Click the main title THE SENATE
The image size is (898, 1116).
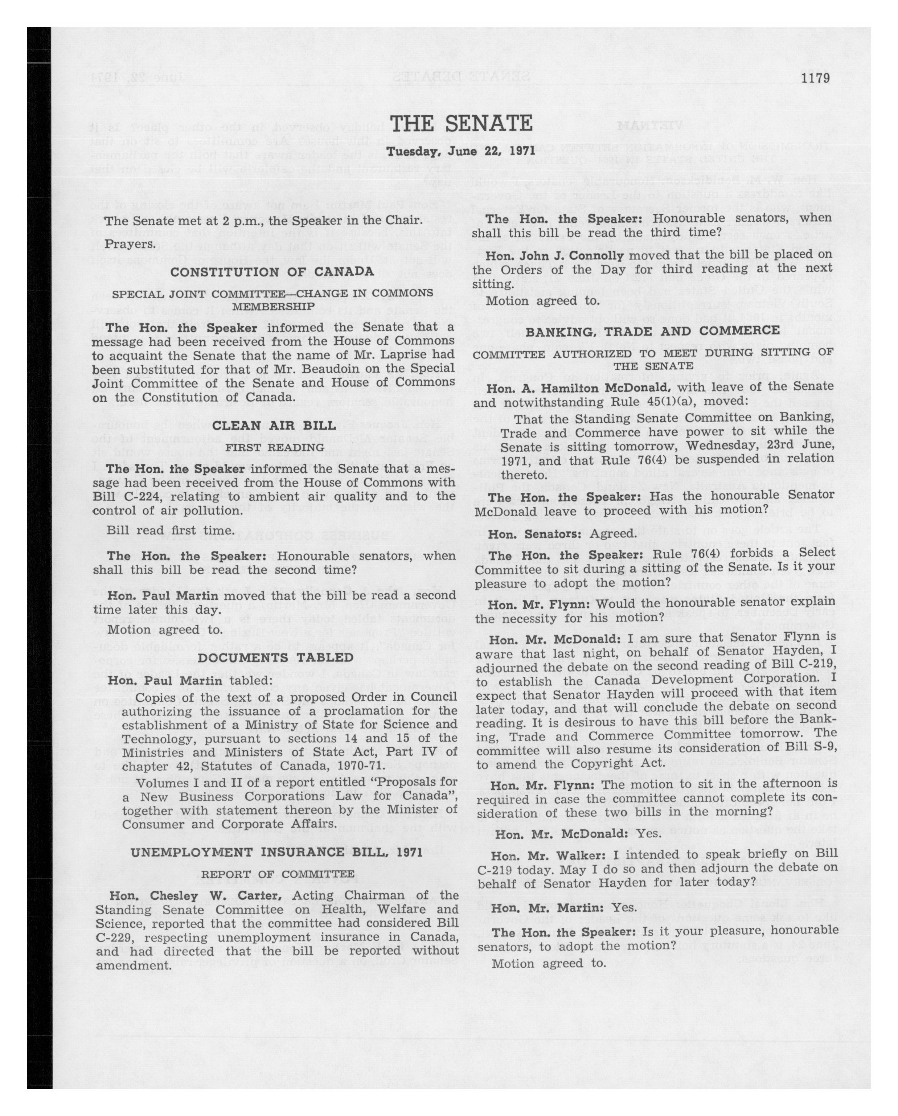tap(461, 124)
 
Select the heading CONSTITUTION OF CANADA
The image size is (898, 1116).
tap(272, 272)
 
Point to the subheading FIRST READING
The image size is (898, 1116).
tap(274, 447)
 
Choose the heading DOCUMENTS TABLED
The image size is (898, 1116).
tap(276, 657)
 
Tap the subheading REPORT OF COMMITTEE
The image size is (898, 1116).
tap(278, 874)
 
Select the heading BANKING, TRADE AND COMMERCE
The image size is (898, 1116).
tap(653, 331)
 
